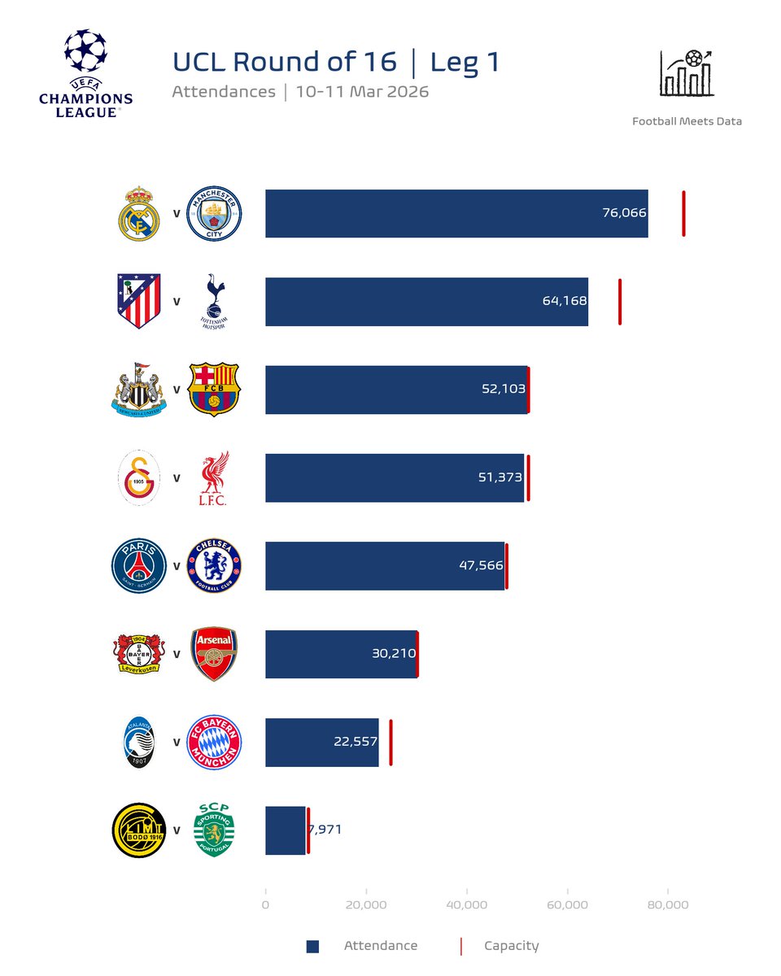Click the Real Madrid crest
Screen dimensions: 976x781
(x=140, y=214)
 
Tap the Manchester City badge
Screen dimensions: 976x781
(x=214, y=214)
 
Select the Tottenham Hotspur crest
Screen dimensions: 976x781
(x=214, y=302)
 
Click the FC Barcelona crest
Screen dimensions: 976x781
(x=214, y=390)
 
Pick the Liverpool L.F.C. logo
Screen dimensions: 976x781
(x=214, y=478)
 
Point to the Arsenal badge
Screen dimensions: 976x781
(x=214, y=654)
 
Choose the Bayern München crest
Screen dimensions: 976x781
(x=214, y=743)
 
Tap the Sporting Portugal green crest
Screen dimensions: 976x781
(x=214, y=830)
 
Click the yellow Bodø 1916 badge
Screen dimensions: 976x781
(x=139, y=830)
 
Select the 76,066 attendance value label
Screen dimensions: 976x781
(x=624, y=213)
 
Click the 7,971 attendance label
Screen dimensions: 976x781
(x=325, y=830)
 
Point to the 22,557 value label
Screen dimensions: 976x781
(x=356, y=742)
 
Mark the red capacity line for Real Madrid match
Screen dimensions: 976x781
(x=683, y=214)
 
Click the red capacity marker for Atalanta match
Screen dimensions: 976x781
(x=390, y=743)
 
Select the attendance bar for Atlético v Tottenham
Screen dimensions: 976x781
(x=426, y=302)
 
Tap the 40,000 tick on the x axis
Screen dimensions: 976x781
(x=467, y=905)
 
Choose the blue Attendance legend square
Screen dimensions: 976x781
(x=312, y=946)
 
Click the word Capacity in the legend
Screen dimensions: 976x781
(x=511, y=946)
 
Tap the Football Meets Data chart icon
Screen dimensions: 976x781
(x=687, y=73)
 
